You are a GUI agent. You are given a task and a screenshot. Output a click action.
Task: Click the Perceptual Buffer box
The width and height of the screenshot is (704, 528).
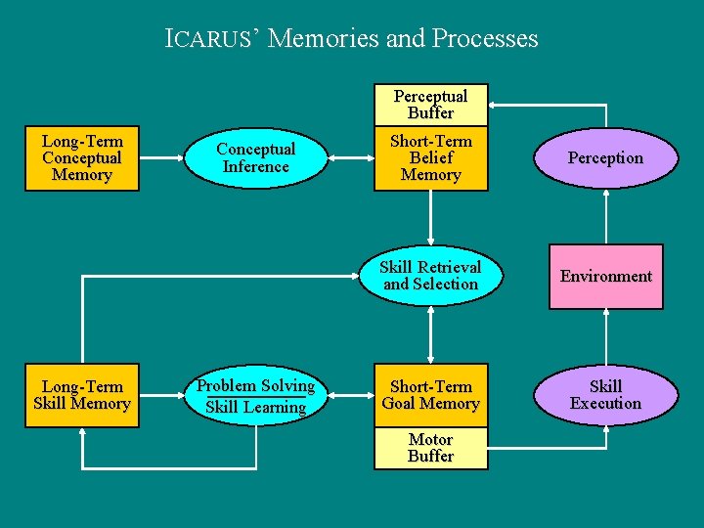(x=430, y=105)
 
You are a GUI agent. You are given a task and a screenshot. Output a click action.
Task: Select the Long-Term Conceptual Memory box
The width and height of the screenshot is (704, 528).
(x=82, y=157)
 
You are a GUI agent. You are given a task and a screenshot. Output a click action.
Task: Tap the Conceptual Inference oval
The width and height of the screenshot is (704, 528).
(x=254, y=157)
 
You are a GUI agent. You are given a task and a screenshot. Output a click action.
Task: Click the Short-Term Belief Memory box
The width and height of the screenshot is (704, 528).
(x=430, y=157)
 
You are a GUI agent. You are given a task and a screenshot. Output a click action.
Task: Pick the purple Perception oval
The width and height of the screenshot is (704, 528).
(x=605, y=157)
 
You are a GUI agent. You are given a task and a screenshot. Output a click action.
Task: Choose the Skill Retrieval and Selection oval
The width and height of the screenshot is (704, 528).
(x=430, y=276)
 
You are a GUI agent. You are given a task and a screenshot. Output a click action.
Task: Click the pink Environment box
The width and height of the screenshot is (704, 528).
(x=605, y=277)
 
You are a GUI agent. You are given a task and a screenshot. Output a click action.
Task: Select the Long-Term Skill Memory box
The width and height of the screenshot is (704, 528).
(x=82, y=395)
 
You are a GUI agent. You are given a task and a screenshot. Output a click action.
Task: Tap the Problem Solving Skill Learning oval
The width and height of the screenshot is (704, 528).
(x=254, y=395)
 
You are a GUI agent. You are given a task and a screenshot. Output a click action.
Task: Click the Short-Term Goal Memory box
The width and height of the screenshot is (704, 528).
(x=430, y=395)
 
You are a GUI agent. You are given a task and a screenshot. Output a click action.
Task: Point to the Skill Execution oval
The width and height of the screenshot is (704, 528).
(x=605, y=395)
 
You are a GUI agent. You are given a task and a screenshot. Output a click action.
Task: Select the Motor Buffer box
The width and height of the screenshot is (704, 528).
(x=430, y=448)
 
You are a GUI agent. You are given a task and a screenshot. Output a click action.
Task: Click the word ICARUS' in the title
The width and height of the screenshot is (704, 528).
(x=212, y=39)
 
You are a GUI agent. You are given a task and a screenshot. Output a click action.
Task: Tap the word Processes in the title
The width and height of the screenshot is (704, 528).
(x=487, y=39)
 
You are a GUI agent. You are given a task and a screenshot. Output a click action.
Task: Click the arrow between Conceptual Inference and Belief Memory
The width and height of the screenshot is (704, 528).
(x=349, y=157)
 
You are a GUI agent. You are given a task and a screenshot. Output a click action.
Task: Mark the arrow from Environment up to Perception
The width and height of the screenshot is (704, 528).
(x=605, y=216)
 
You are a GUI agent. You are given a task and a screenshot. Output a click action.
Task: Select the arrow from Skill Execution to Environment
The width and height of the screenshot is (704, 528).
(x=605, y=336)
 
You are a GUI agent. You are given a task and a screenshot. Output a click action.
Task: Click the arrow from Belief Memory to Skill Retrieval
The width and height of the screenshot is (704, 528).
(x=430, y=217)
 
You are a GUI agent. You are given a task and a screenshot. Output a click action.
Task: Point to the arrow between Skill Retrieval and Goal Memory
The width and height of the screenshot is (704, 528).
(x=430, y=336)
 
